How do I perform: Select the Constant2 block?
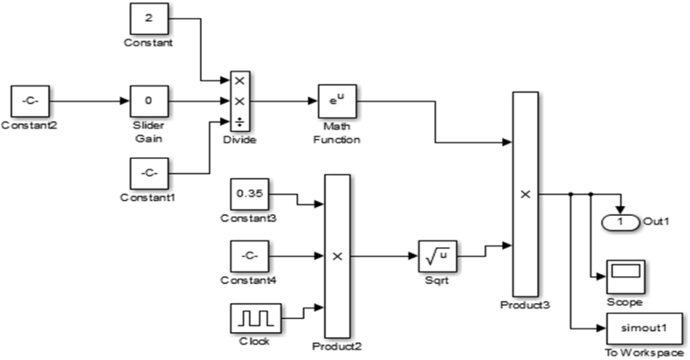[29, 100]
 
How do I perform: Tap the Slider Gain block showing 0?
[148, 100]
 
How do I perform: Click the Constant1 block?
[148, 173]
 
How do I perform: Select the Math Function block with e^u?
[332, 100]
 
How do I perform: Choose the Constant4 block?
[249, 257]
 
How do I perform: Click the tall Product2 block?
[336, 257]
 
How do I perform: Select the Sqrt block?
[437, 257]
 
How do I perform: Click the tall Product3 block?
[525, 194]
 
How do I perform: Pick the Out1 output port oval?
[619, 221]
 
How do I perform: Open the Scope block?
[625, 275]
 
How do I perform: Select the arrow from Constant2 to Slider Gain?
[87, 100]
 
